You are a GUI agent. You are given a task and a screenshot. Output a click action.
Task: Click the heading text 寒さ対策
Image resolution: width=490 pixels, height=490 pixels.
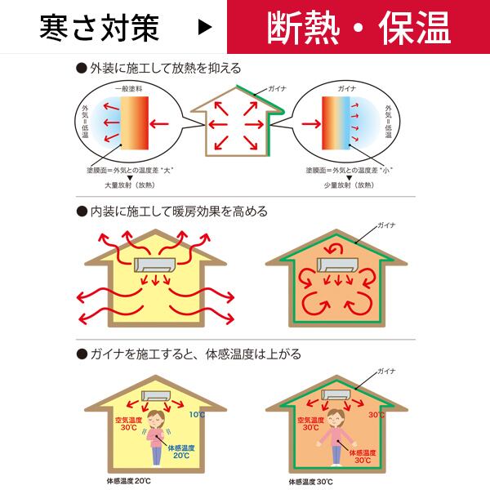click(99, 28)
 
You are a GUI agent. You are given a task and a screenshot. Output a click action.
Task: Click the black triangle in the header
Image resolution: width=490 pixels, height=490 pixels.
click(206, 28)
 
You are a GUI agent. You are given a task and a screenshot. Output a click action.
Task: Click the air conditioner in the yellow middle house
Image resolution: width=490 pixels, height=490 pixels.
click(154, 266)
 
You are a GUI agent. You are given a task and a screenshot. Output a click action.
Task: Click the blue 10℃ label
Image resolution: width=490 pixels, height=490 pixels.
click(198, 415)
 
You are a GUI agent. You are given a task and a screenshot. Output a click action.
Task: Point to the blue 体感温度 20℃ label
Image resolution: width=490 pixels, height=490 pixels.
click(181, 452)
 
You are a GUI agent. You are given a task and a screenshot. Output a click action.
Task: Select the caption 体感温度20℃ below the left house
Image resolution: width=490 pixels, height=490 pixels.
click(129, 481)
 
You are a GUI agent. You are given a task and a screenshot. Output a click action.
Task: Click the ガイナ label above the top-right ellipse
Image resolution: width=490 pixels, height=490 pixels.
click(346, 86)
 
